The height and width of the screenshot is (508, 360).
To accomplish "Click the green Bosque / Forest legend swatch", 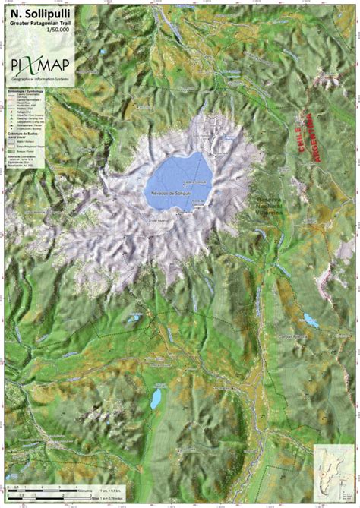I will (x=11, y=151).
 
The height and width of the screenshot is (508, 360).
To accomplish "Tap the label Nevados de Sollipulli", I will (x=169, y=194).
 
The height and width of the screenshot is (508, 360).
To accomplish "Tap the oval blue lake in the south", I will (x=156, y=397).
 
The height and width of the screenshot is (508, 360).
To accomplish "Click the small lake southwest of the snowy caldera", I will (x=134, y=315).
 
